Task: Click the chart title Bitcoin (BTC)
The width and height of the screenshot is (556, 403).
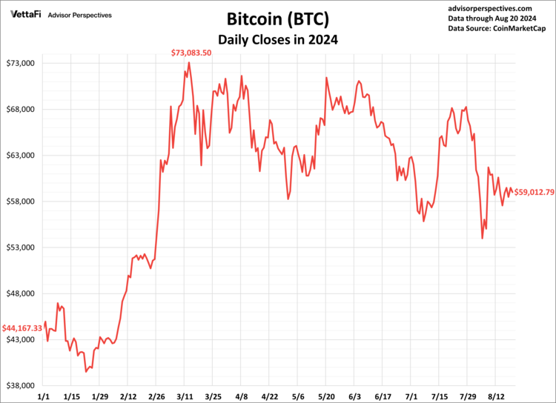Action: (x=277, y=18)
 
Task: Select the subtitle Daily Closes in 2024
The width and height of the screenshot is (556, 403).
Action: (x=277, y=39)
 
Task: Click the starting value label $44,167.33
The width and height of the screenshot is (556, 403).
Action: (x=22, y=327)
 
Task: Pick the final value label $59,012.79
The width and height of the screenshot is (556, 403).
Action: (x=534, y=192)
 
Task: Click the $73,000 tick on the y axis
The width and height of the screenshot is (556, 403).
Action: (x=21, y=64)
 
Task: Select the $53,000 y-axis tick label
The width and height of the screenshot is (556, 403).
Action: (x=21, y=247)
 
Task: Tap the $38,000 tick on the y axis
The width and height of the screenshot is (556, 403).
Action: (x=21, y=386)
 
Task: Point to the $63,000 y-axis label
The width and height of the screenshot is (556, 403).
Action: (x=21, y=156)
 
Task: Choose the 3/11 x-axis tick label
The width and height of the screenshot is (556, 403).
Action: (x=185, y=396)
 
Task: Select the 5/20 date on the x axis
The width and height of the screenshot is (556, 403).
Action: (x=326, y=396)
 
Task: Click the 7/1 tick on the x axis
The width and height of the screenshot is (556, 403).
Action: (x=411, y=396)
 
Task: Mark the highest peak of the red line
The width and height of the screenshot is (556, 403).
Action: (x=189, y=62)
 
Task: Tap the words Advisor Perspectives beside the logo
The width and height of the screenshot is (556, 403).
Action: (x=80, y=14)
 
